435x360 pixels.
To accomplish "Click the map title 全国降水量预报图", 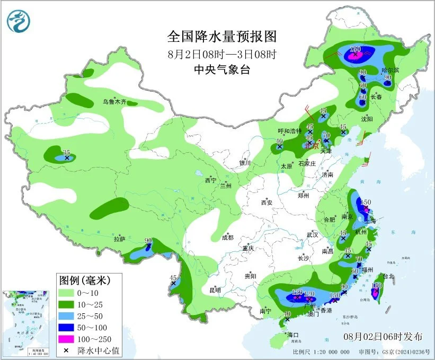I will click(x=222, y=37).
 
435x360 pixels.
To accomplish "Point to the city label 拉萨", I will click(x=119, y=239).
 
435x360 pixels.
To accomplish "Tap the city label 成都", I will click(x=227, y=238).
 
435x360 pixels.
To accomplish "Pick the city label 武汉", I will click(x=312, y=234).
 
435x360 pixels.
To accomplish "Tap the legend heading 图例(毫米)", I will click(x=90, y=279).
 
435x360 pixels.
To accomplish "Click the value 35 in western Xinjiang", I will click(x=66, y=153).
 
